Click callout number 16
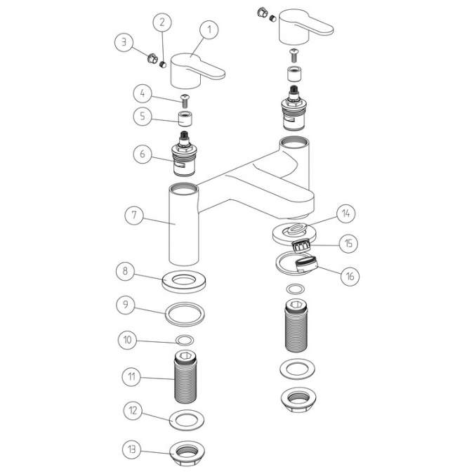349,276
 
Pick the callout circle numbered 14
346,213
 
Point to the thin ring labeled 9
186,311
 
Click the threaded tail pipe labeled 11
185,380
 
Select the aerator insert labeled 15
302,246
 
